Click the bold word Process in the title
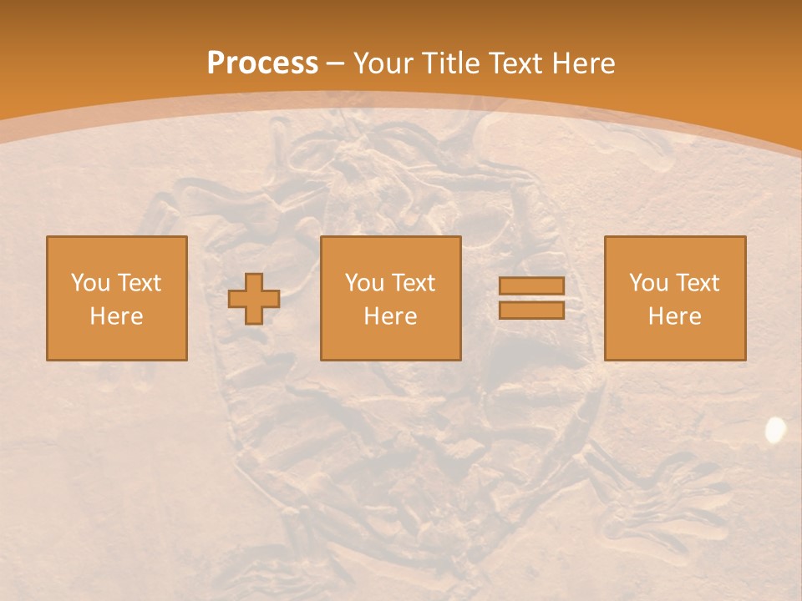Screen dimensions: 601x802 pos(262,63)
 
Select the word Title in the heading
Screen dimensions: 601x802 pos(452,63)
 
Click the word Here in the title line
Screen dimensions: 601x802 pos(586,63)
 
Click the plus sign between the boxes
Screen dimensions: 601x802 pos(254,299)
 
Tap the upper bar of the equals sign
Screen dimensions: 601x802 pos(531,286)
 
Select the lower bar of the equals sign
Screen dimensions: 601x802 pos(531,310)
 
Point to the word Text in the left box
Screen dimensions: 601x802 pos(140,283)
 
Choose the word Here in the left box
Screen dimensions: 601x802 pos(116,316)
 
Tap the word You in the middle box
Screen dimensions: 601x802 pos(365,283)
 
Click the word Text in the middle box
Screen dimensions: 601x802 pos(414,283)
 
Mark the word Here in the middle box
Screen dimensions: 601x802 pos(390,316)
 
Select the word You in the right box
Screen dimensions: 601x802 pos(649,283)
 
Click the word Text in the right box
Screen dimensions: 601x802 pos(698,283)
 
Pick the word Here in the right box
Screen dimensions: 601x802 pos(674,316)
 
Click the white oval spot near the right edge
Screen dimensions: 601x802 pos(775,429)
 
